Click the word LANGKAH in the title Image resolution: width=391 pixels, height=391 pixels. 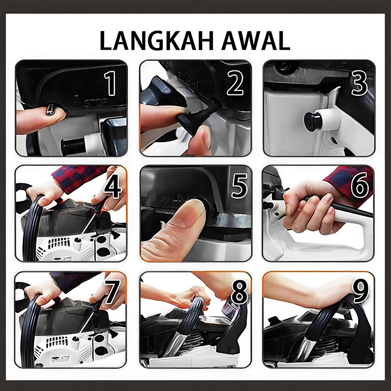[157, 41]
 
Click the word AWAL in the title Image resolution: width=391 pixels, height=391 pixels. [256, 41]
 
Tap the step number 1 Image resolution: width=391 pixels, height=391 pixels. [110, 83]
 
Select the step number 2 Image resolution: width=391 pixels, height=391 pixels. [235, 83]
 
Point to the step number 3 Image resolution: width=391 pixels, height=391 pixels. [359, 83]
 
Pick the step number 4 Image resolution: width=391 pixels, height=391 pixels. [113, 186]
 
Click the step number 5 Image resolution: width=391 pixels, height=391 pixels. [239, 186]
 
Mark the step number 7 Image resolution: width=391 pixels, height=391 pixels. [112, 291]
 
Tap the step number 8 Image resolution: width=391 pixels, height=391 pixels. [239, 291]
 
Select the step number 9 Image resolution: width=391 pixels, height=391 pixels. [361, 291]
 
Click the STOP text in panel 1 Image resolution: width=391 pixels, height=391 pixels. [95, 103]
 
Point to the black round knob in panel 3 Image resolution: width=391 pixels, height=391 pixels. [312, 120]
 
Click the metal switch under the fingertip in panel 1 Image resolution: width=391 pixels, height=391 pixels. [49, 109]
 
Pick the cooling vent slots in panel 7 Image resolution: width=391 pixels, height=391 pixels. [57, 342]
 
